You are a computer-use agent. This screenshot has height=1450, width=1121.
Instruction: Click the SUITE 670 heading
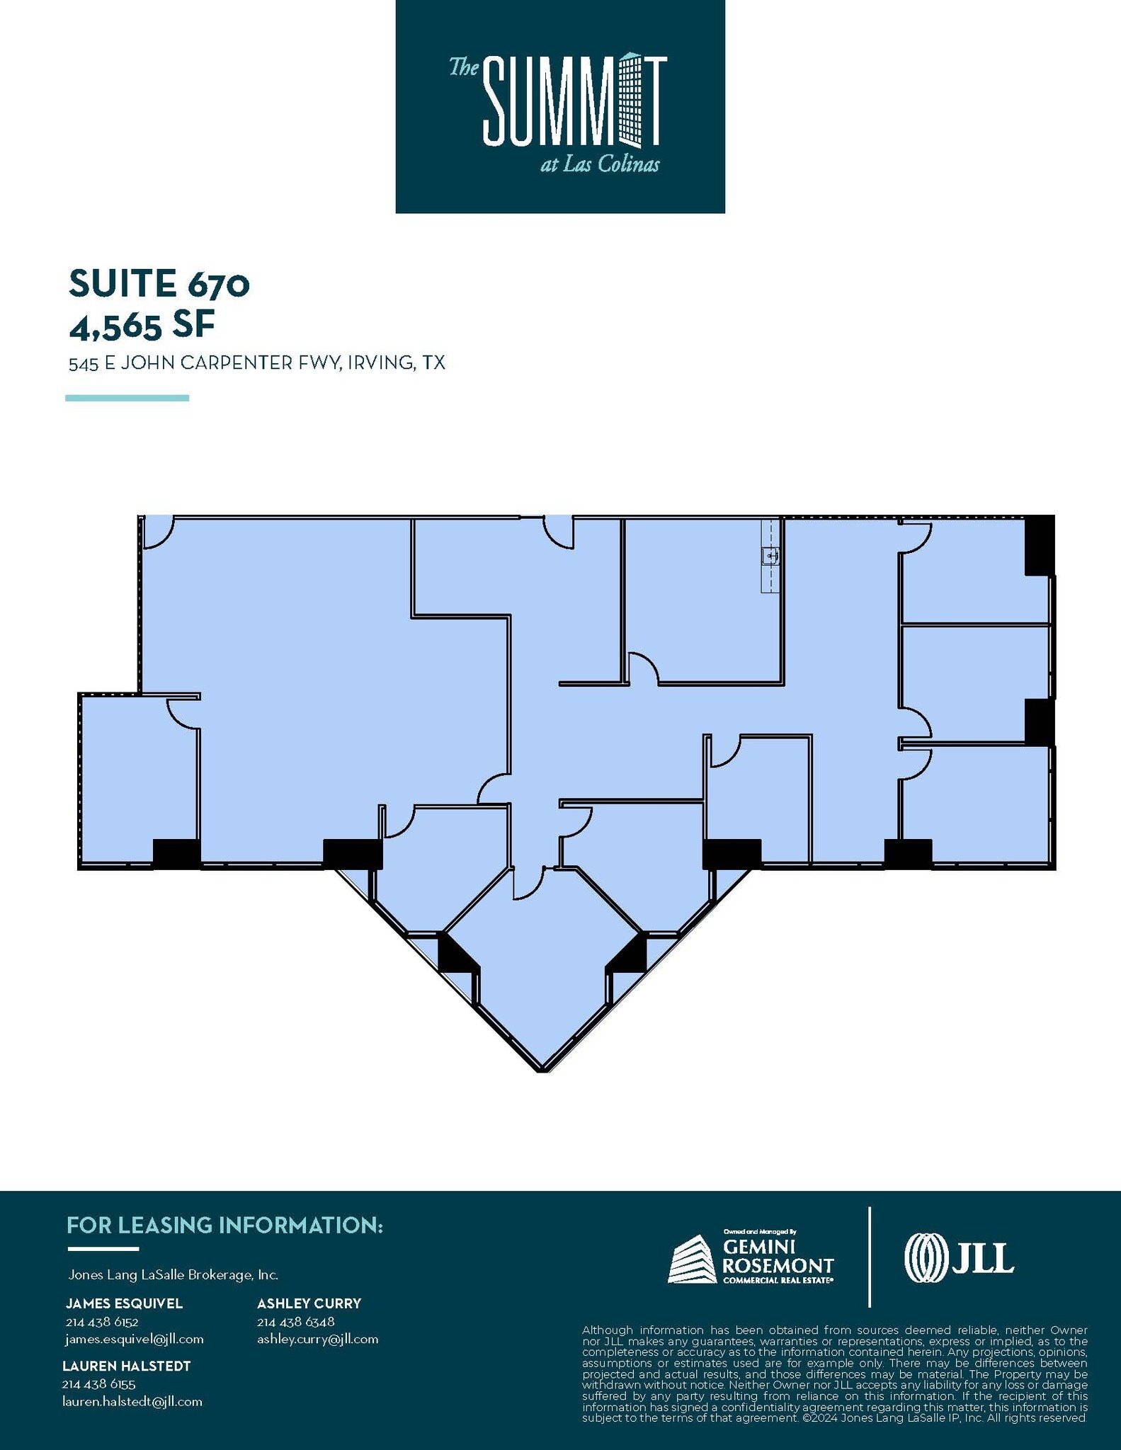tap(159, 284)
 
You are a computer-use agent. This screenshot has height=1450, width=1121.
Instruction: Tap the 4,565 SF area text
tap(142, 326)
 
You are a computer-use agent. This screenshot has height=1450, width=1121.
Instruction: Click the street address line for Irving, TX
tap(256, 363)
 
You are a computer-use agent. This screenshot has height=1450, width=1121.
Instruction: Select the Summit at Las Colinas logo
tap(559, 106)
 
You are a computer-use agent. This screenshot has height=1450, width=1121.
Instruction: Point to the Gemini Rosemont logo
tap(751, 1258)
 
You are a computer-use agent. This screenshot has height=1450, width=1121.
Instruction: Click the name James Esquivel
tap(124, 1303)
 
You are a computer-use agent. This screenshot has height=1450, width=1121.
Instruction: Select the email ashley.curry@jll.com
tap(317, 1340)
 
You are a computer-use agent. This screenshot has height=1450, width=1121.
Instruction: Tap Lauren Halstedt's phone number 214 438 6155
tap(98, 1384)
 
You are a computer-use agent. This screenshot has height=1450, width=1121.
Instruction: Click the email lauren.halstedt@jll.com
tap(132, 1402)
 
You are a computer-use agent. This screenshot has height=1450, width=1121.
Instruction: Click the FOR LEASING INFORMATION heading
tap(224, 1226)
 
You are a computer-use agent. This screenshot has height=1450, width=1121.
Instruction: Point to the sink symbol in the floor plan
tap(770, 556)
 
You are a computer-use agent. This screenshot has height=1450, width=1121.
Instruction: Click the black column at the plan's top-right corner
tap(1039, 545)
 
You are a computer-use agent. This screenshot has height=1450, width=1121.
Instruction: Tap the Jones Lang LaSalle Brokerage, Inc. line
tap(173, 1275)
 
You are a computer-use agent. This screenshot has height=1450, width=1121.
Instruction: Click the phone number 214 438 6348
tap(295, 1322)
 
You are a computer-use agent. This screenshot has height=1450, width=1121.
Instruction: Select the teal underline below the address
tap(127, 398)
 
